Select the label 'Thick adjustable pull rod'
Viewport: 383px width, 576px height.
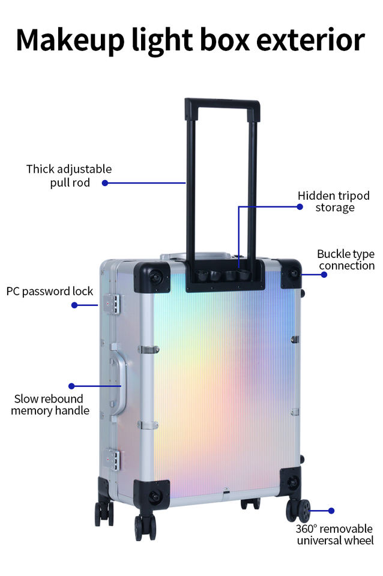click(69, 175)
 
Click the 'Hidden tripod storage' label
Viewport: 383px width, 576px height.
click(334, 202)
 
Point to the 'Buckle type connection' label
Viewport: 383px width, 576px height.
click(346, 259)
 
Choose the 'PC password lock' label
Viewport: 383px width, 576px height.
click(50, 291)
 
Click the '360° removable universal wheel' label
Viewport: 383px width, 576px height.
click(334, 534)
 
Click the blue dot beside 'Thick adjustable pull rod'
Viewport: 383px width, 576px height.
click(105, 182)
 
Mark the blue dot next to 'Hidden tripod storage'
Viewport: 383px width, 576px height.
click(300, 206)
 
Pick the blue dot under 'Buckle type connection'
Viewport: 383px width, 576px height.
click(324, 274)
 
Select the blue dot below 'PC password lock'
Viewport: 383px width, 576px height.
click(74, 305)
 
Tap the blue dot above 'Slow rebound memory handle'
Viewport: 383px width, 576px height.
click(71, 386)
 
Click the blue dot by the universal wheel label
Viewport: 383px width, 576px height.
click(331, 511)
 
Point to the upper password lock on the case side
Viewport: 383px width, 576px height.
click(112, 304)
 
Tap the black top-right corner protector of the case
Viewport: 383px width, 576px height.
click(291, 273)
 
